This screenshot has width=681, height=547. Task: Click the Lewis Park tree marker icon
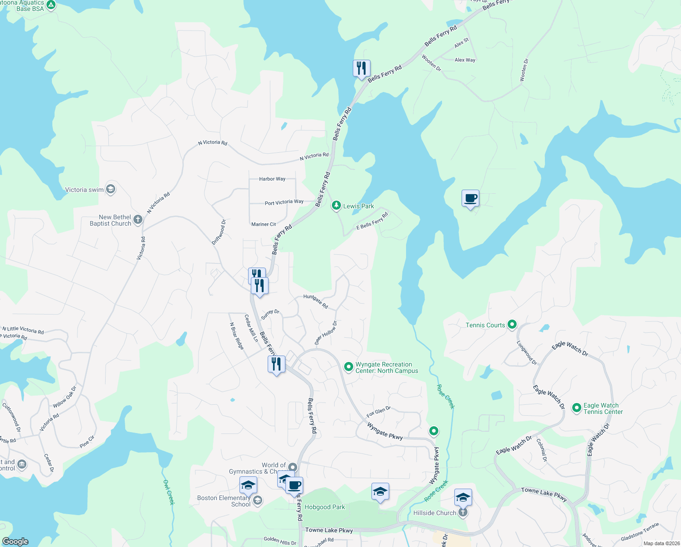click(x=336, y=206)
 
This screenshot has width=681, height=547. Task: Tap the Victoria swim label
click(x=84, y=190)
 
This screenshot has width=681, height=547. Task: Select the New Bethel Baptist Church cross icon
click(x=137, y=220)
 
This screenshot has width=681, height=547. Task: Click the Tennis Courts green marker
click(x=512, y=325)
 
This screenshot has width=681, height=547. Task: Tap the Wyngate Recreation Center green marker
click(x=348, y=366)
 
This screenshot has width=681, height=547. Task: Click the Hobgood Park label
click(x=325, y=507)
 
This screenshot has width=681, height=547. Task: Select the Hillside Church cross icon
click(x=463, y=512)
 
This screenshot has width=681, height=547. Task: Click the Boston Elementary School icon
click(x=257, y=501)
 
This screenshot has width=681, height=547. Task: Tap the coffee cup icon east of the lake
click(x=471, y=199)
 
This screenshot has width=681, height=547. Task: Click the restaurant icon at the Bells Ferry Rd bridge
click(x=361, y=69)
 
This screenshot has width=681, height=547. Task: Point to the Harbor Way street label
click(x=272, y=179)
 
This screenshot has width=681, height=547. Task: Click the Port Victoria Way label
click(x=284, y=202)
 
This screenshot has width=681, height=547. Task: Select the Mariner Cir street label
click(x=264, y=224)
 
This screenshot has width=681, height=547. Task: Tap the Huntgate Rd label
click(x=315, y=301)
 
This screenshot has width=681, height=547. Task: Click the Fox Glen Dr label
click(x=378, y=412)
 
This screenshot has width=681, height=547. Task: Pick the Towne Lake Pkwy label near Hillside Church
click(x=544, y=494)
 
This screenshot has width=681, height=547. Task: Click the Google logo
click(x=15, y=542)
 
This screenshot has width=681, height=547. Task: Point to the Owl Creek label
click(x=168, y=492)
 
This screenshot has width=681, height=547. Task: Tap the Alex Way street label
click(x=465, y=60)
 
